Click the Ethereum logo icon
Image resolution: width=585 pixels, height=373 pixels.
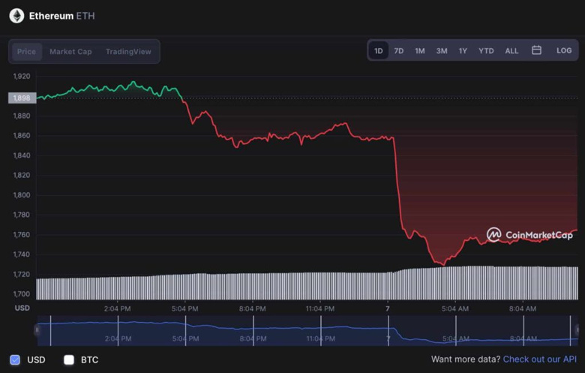[x=16, y=16]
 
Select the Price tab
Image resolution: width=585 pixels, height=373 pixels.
[x=26, y=52]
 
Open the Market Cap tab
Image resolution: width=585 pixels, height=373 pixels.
[x=70, y=52]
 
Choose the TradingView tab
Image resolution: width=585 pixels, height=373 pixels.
[x=128, y=52]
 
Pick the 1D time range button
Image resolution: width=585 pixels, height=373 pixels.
[x=379, y=51]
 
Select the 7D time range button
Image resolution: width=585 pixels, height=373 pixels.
[x=399, y=51]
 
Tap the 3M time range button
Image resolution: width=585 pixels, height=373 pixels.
[x=442, y=51]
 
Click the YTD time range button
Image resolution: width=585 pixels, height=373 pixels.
[x=486, y=51]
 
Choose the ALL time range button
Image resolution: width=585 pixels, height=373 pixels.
[x=511, y=51]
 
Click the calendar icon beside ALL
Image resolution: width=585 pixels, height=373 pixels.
[x=536, y=50]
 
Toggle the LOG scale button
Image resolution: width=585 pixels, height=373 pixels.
[x=564, y=51]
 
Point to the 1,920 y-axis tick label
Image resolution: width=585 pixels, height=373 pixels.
[x=22, y=77]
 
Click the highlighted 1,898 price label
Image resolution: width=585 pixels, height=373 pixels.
[x=22, y=98]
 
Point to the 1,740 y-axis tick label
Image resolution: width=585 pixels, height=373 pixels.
[x=22, y=254]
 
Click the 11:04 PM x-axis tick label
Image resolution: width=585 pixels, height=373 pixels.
[x=320, y=308]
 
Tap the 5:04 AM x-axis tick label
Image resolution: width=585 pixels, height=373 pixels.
[x=455, y=308]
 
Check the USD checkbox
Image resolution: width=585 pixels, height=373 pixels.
[x=15, y=359]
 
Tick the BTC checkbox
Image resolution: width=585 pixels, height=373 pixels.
[x=69, y=359]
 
